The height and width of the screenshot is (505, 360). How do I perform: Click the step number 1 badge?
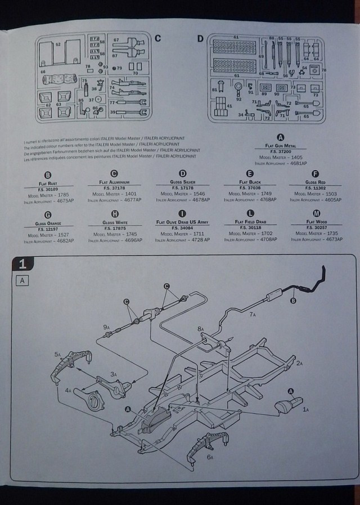tap(22, 263)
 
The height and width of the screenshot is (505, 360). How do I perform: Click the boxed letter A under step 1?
tap(22, 280)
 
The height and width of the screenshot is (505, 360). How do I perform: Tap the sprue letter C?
tap(157, 38)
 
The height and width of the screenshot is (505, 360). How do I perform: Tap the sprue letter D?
tap(200, 38)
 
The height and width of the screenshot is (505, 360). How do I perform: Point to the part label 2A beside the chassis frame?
tap(300, 364)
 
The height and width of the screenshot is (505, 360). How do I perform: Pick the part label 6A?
tap(209, 457)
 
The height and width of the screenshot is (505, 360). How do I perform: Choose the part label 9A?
tap(106, 327)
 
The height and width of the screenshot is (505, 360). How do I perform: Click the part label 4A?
tap(67, 390)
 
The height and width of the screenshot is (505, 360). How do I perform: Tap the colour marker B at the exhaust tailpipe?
tap(293, 301)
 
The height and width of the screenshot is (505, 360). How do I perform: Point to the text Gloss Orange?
tap(47, 223)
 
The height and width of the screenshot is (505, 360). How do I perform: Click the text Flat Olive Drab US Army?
tap(182, 223)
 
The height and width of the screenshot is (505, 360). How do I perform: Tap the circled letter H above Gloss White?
tap(115, 214)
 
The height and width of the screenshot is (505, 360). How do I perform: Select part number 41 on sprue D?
tap(229, 105)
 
